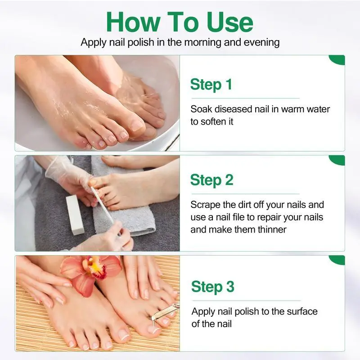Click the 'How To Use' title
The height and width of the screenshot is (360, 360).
(x=180, y=22)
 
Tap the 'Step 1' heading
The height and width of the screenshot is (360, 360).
(x=211, y=85)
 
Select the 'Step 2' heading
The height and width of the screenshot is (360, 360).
(x=211, y=180)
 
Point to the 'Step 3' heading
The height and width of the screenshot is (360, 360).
(x=212, y=287)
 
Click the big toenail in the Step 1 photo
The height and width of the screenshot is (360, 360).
(x=137, y=125)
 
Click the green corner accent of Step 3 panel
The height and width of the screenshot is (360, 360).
(x=338, y=260)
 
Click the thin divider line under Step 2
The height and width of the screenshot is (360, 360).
(x=245, y=194)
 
